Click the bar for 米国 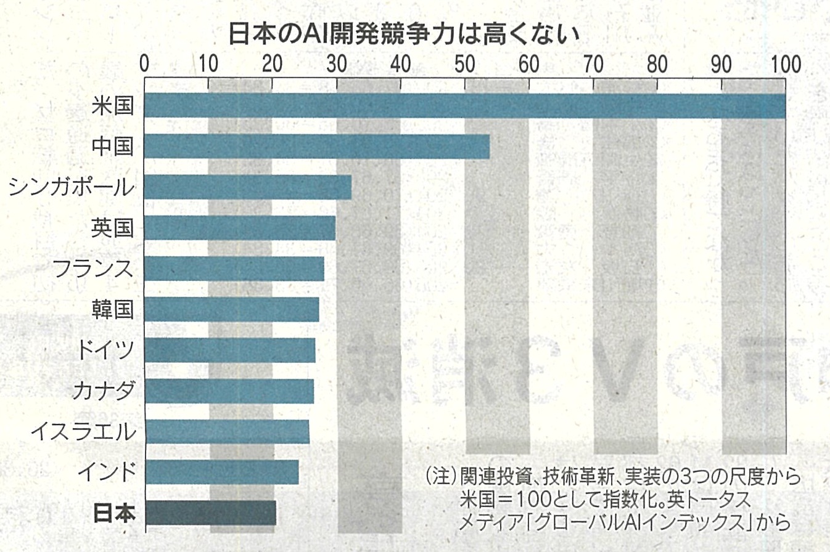465,105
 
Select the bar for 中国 317,147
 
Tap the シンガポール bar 248,187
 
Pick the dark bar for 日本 210,513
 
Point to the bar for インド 221,472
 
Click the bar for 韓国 232,309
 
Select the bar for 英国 240,228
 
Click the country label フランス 93,269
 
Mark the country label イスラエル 82,432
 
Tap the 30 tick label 337,64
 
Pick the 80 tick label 657,64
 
